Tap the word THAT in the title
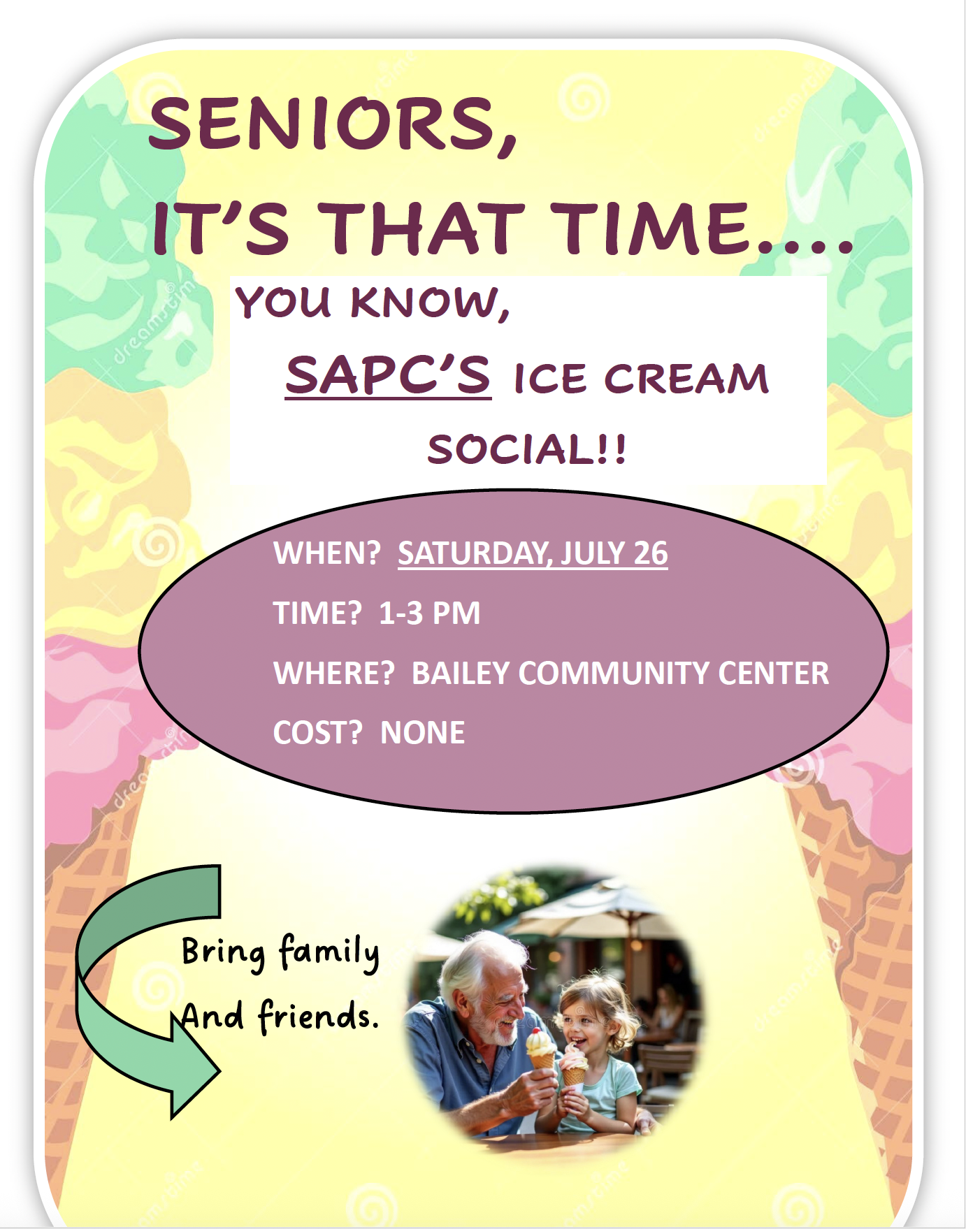[422, 228]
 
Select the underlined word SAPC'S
[388, 375]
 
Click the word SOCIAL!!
[527, 449]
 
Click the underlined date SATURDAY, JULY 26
[533, 553]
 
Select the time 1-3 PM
[429, 613]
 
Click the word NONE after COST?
[422, 732]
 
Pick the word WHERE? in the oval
[333, 673]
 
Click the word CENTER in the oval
[773, 673]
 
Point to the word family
[329, 952]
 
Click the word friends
[318, 1015]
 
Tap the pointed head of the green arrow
[219, 1070]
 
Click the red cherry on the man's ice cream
[535, 1032]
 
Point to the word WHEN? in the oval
[326, 553]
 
